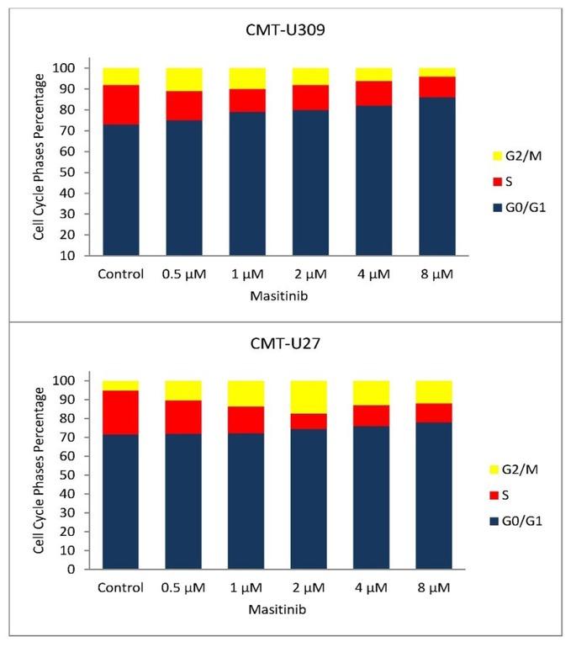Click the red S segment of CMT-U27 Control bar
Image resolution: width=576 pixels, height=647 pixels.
point(121,413)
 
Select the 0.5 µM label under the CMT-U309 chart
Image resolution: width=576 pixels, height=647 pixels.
point(183,273)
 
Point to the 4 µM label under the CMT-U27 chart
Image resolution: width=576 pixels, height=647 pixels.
point(372,586)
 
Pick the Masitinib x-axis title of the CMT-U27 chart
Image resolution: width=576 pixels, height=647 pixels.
point(279,607)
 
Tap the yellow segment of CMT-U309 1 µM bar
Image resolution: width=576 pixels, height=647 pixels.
point(246,78)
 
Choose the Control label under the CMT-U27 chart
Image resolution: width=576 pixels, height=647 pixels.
point(121,586)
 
